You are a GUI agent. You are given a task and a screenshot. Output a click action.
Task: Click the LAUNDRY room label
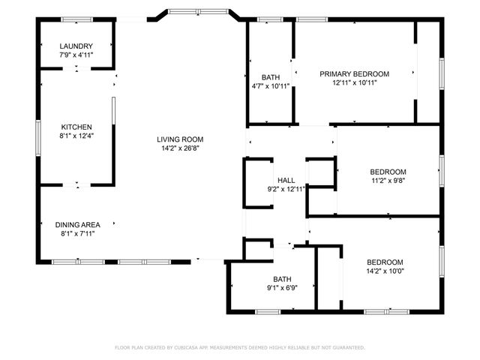[76, 46]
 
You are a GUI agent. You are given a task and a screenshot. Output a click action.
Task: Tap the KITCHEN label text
[76, 127]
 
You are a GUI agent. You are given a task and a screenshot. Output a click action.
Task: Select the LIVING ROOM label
[180, 139]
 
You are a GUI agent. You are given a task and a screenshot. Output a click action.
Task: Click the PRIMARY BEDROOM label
[355, 73]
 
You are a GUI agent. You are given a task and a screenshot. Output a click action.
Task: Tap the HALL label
[286, 181]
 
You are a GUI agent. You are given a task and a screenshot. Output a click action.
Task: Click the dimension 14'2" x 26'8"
[180, 148]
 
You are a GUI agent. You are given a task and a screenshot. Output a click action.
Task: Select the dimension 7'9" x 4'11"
[76, 55]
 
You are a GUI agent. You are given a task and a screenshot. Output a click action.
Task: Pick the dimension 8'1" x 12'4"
[76, 136]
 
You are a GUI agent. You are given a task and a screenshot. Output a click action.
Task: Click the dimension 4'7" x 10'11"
[271, 86]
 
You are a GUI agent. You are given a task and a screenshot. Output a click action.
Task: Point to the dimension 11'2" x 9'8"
[388, 181]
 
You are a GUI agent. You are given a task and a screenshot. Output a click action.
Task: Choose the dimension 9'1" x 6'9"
[282, 288]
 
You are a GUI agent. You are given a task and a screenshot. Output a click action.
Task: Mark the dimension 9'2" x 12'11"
[286, 190]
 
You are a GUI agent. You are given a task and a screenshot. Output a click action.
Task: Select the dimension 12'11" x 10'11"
[355, 82]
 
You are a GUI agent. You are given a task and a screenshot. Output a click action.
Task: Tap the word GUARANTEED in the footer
[346, 348]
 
